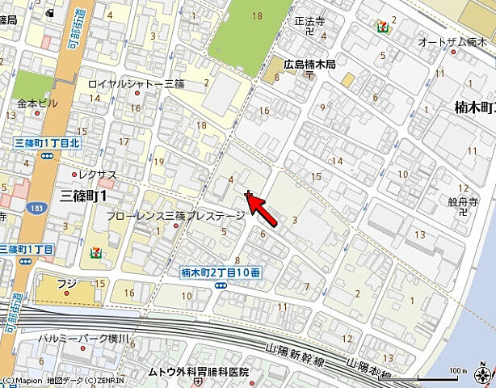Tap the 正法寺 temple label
tap(309, 22)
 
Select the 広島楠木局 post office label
tap(309, 64)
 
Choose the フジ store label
tap(67, 284)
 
